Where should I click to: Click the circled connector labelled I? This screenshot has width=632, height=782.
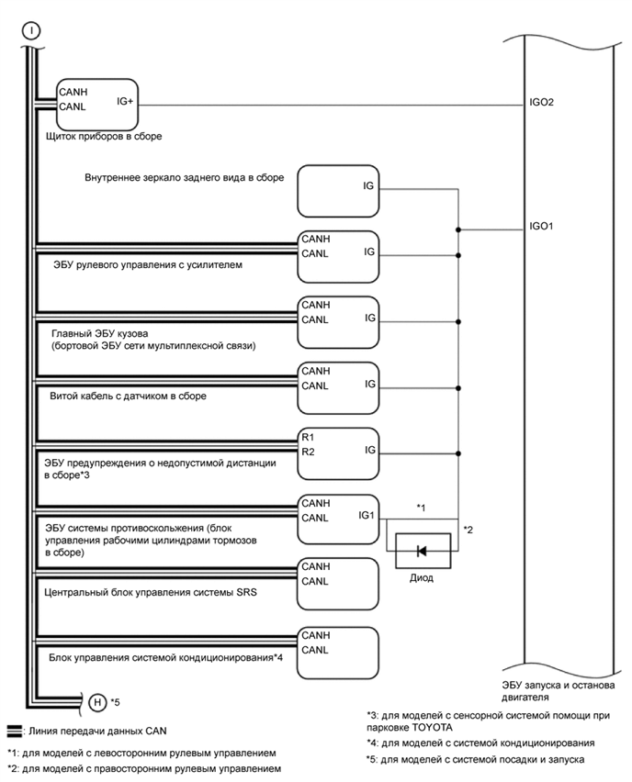[32, 30]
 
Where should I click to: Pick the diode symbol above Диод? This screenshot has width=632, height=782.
[422, 551]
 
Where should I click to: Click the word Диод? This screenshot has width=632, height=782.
[422, 578]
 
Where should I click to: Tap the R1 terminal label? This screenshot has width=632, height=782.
[308, 437]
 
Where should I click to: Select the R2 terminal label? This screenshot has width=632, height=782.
[308, 452]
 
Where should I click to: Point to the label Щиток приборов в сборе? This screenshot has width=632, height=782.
[103, 137]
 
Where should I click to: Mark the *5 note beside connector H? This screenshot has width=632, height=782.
[116, 703]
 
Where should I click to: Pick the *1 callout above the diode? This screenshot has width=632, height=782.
[422, 507]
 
